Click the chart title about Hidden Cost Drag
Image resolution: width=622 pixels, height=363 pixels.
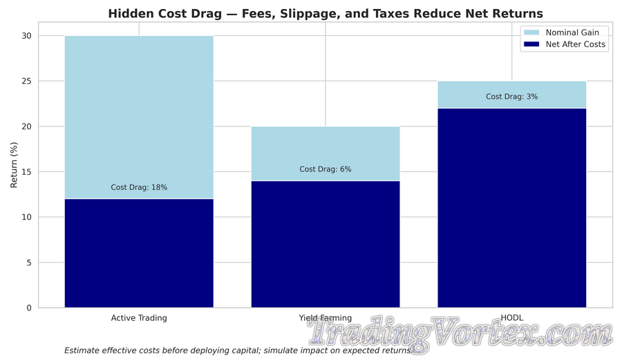pos(326,14)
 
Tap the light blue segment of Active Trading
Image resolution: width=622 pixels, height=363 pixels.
pos(139,111)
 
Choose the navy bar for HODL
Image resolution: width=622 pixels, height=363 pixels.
pos(512,207)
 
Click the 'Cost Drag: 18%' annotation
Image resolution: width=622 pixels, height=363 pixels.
pos(139,187)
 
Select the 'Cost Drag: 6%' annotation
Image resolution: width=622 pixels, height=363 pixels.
pos(326,169)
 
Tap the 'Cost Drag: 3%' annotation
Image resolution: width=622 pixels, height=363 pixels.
pos(512,97)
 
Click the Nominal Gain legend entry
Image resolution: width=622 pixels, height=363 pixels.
pos(572,32)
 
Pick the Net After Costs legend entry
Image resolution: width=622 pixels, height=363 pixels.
pos(575,44)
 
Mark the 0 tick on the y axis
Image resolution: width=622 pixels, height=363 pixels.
pos(30,308)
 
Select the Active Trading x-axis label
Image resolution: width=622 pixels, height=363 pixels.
pos(139,318)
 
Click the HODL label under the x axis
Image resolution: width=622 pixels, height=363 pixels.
pos(512,318)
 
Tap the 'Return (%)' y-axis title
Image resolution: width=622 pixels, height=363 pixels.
pos(14,171)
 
